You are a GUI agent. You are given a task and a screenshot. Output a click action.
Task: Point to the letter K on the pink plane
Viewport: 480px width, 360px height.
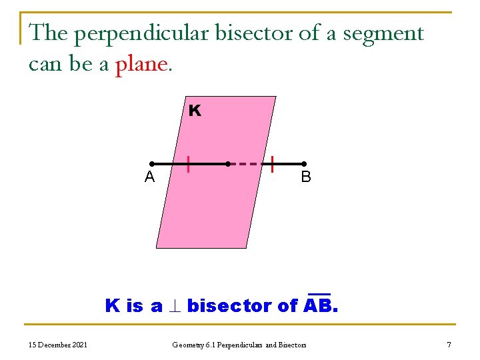coord(194,111)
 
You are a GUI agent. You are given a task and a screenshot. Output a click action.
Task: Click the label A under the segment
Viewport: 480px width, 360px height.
coord(150,177)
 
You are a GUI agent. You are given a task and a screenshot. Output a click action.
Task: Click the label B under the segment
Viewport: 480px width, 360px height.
coord(305,177)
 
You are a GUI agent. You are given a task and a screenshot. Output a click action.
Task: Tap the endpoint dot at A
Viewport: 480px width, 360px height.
coord(152,163)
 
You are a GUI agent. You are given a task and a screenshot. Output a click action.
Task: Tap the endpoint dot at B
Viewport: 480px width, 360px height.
coord(303,163)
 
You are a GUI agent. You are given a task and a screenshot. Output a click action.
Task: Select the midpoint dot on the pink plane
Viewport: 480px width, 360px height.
coord(227,163)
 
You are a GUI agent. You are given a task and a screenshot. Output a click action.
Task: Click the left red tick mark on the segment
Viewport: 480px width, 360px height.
coord(189,163)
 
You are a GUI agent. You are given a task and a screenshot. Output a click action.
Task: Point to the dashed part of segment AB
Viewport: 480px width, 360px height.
coord(250,163)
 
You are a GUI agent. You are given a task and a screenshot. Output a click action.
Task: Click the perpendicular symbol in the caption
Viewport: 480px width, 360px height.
coord(175,307)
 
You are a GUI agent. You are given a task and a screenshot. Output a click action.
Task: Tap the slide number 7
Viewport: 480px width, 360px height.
coord(449,345)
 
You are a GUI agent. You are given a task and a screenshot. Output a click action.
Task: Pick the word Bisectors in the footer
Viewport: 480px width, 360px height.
coord(291,345)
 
